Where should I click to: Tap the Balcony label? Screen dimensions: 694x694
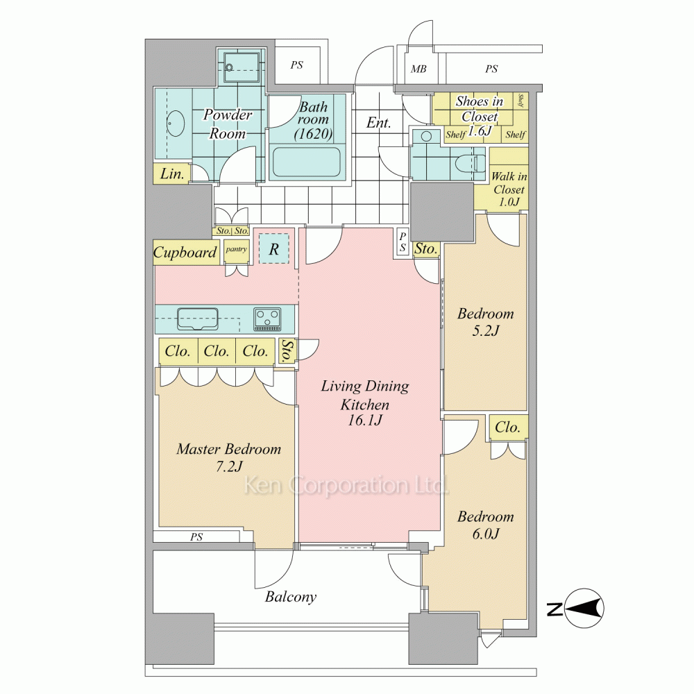click(x=290, y=597)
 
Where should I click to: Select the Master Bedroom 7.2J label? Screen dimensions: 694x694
click(x=229, y=457)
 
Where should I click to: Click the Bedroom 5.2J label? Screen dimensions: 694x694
click(x=486, y=322)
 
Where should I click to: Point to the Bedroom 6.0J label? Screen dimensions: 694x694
click(x=486, y=525)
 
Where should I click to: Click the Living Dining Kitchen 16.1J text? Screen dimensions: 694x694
click(x=365, y=403)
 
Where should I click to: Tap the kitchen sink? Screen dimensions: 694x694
click(x=197, y=319)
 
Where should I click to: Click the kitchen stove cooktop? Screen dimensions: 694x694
click(x=267, y=319)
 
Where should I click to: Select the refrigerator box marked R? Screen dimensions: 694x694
click(x=274, y=249)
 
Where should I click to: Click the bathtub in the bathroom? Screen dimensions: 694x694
click(x=306, y=162)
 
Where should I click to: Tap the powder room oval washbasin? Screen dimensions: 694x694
click(x=176, y=123)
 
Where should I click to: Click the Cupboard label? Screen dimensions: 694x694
click(x=185, y=253)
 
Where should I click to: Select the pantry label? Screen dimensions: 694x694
click(x=237, y=249)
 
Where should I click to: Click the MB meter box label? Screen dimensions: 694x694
click(x=418, y=69)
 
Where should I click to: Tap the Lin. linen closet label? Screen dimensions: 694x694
click(x=171, y=174)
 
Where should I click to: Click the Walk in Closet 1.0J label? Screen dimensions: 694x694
click(x=509, y=189)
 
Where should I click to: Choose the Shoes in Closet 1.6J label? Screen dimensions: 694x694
click(x=480, y=116)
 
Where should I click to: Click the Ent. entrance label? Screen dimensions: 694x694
click(x=378, y=123)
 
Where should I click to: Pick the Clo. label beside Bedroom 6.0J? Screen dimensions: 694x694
click(x=507, y=428)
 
